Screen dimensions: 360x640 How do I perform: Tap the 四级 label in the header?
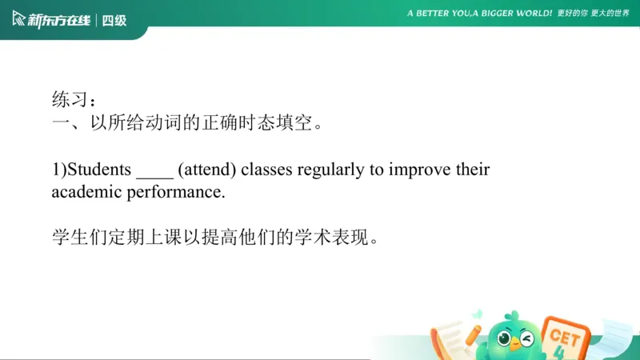click(x=114, y=20)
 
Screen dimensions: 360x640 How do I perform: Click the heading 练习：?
click(x=74, y=101)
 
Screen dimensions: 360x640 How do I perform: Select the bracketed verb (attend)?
click(x=206, y=170)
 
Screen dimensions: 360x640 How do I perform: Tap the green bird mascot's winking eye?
click(x=527, y=338)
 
